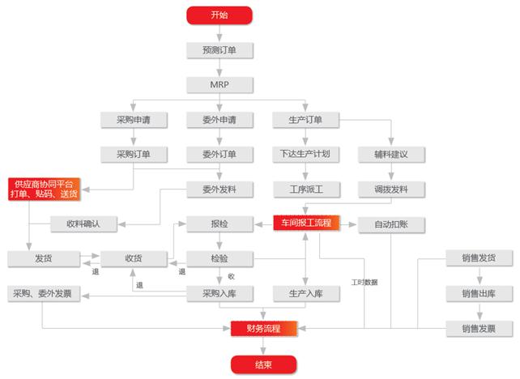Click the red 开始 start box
click(220, 15)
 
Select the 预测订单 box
click(220, 49)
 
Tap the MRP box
click(220, 84)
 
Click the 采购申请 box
click(134, 120)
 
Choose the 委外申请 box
click(219, 120)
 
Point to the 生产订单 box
click(306, 120)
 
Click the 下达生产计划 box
click(306, 154)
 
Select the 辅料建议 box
click(392, 154)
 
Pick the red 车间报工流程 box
click(306, 223)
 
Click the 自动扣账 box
click(392, 224)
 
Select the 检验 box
click(219, 258)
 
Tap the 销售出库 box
click(478, 292)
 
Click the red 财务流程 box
click(262, 327)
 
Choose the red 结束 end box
click(262, 364)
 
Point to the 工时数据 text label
click(364, 283)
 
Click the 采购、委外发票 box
click(45, 292)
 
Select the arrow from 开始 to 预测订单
click(220, 32)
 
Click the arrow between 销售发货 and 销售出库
click(478, 275)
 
